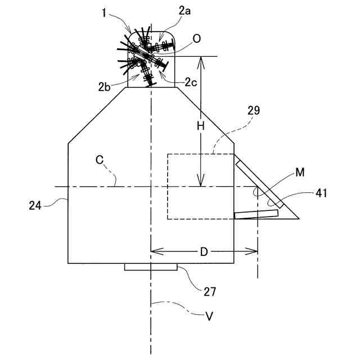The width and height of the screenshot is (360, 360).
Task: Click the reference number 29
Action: [253, 111]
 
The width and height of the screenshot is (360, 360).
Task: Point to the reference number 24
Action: [35, 206]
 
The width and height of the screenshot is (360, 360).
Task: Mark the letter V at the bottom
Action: [209, 317]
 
